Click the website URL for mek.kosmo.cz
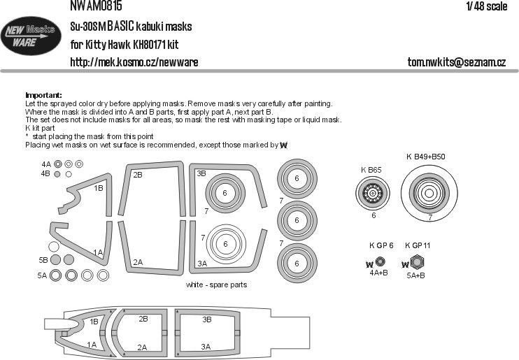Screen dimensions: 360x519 coord(134,62)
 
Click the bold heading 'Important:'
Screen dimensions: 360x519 coord(43,95)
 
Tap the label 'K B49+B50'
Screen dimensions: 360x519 coord(429,157)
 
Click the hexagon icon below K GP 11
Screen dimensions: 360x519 coord(417,264)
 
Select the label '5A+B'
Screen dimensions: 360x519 coord(418,276)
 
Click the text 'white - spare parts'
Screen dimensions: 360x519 coord(216,285)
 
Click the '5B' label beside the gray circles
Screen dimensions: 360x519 coord(43,260)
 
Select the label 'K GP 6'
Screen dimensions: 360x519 coord(381,245)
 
